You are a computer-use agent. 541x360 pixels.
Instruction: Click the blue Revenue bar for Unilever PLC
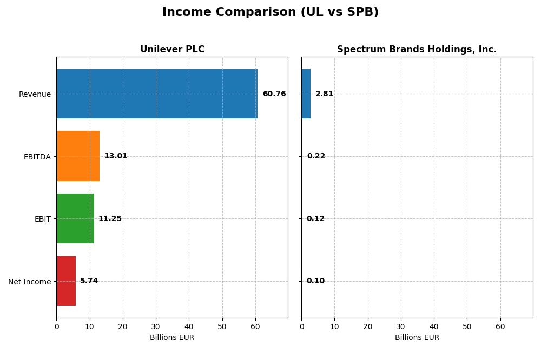pos(157,94)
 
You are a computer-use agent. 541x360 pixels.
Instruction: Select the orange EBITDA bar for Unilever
pos(78,156)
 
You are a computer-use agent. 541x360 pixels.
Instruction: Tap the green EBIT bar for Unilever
pos(75,218)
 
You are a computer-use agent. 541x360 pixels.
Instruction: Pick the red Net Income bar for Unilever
pos(66,281)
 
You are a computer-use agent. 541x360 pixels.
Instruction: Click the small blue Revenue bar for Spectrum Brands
pos(306,94)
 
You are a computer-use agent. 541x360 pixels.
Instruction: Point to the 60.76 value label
pos(274,94)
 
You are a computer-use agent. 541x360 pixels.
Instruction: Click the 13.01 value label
pos(116,156)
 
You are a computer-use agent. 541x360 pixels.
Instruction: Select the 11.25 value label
pos(110,219)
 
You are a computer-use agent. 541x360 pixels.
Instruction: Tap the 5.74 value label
pos(89,281)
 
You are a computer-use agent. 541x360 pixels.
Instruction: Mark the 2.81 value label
pos(324,94)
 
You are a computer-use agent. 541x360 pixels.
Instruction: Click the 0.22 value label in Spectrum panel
pos(316,156)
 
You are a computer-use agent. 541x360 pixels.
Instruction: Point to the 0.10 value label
pos(315,281)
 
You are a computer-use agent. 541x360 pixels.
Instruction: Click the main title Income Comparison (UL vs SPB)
pos(270,12)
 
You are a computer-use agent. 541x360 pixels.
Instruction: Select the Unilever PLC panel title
pos(172,50)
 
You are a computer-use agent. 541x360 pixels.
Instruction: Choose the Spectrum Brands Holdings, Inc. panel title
pos(417,50)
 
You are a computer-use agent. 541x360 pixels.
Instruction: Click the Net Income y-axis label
pos(29,282)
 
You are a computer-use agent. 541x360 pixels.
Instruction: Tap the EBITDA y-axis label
pos(37,157)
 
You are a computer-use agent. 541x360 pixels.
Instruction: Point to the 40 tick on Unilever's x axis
pos(189,326)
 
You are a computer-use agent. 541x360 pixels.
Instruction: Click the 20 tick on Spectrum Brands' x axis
pos(368,326)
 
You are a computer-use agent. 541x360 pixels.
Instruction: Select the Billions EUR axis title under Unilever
pos(172,338)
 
